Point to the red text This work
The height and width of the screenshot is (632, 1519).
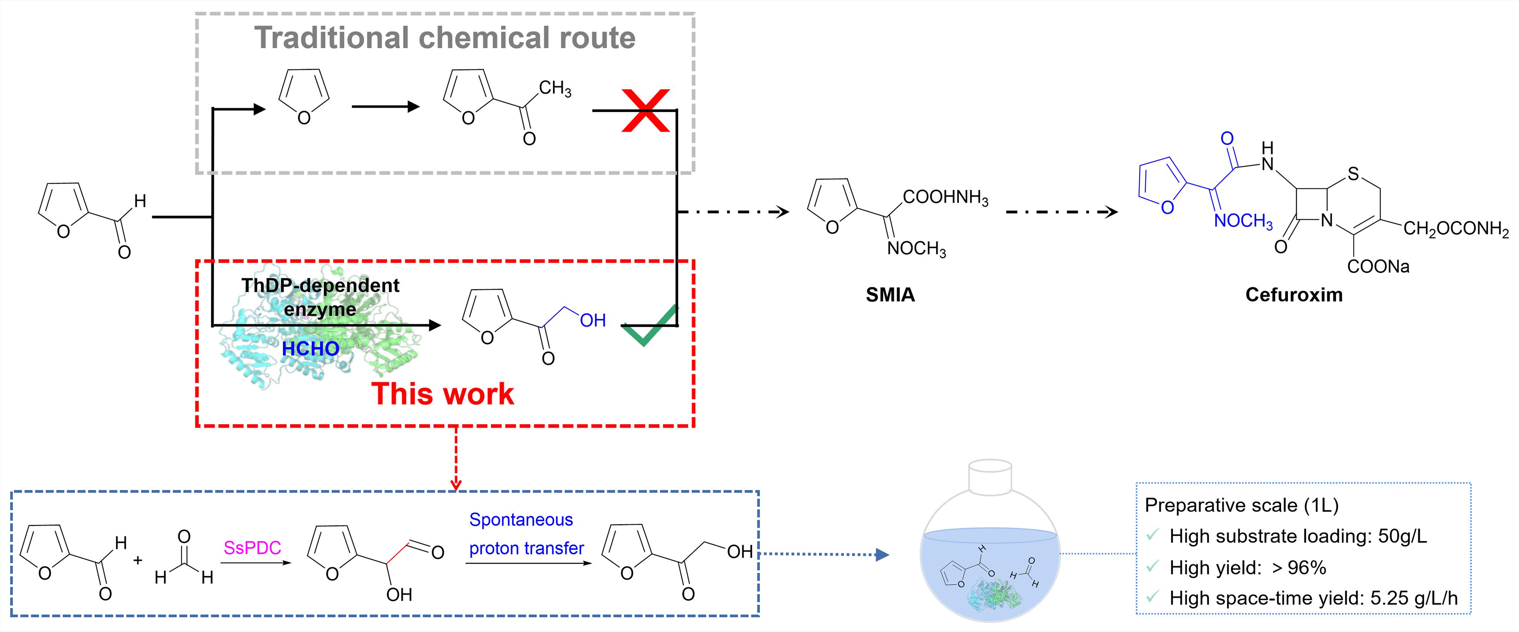click(442, 393)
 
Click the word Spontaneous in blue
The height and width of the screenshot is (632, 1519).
click(521, 520)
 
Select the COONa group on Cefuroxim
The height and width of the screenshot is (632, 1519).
click(1378, 266)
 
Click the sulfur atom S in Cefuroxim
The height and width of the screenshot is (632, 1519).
click(1353, 174)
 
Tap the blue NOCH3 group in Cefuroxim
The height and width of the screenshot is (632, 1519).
click(1243, 221)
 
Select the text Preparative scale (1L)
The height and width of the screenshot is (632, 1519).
click(1241, 505)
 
